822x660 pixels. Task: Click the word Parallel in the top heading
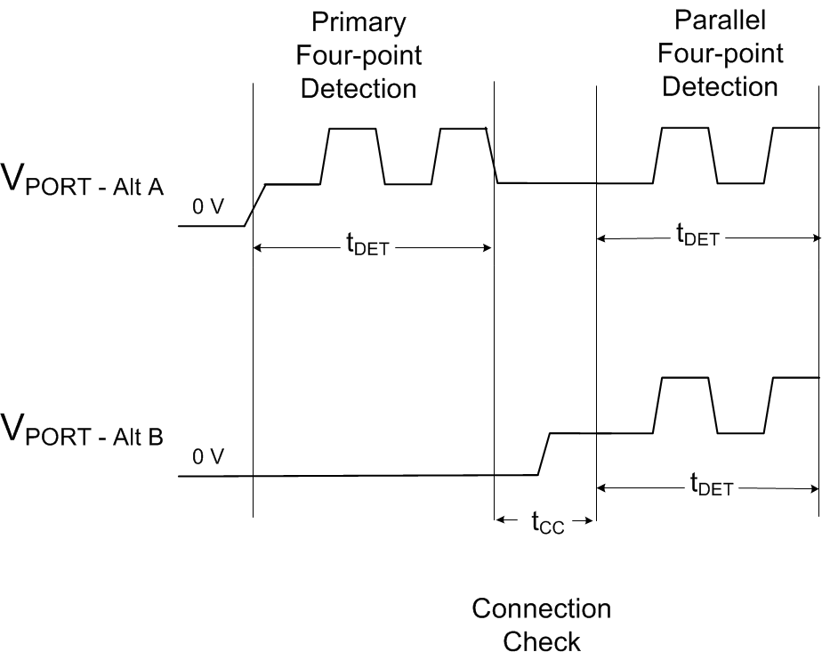pyautogui.click(x=720, y=20)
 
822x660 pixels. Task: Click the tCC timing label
pyautogui.click(x=548, y=523)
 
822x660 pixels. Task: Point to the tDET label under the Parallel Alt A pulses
pyautogui.click(x=697, y=237)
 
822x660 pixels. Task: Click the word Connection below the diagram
pyautogui.click(x=541, y=609)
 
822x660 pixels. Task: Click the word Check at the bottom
pyautogui.click(x=541, y=641)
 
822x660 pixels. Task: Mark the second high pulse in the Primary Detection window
pyautogui.click(x=463, y=130)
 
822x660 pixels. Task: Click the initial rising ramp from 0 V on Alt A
pyautogui.click(x=255, y=205)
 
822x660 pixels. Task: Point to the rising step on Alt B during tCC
pyautogui.click(x=544, y=454)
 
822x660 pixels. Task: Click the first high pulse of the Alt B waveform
pyautogui.click(x=685, y=379)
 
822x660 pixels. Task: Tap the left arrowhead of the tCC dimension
pyautogui.click(x=501, y=519)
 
